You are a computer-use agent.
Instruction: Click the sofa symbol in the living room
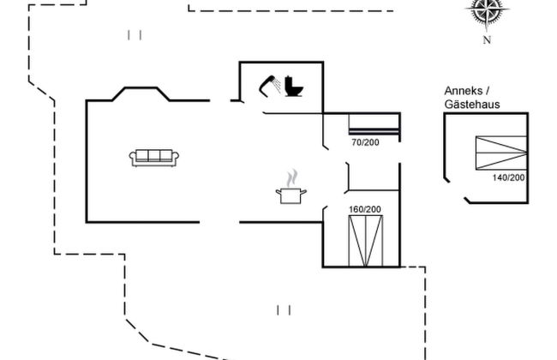154,157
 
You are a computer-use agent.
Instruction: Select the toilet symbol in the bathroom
294,87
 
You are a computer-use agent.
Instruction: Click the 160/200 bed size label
364,208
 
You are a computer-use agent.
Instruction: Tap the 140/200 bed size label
509,177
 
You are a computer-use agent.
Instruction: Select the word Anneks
459,92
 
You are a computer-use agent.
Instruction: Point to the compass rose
486,11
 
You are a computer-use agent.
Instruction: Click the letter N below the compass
486,39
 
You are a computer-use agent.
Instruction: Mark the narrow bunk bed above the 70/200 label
374,126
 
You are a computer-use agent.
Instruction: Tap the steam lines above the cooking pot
292,177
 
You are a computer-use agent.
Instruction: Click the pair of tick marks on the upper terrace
134,35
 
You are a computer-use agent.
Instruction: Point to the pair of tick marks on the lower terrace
285,309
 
